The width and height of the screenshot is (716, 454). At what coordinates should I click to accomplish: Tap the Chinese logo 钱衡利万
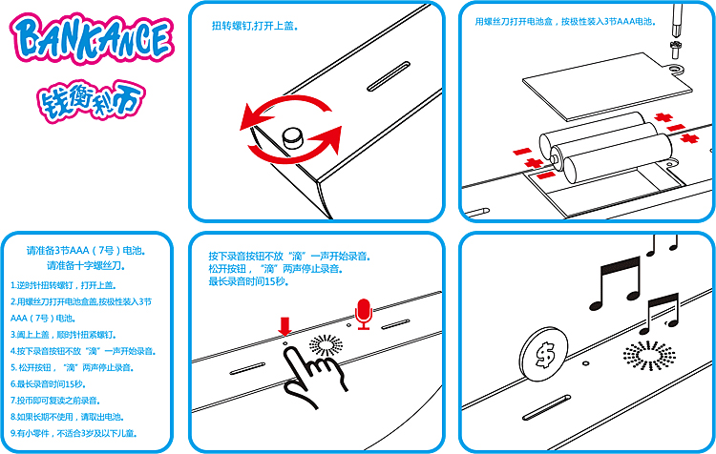91,101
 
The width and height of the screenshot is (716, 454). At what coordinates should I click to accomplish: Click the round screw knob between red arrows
293,137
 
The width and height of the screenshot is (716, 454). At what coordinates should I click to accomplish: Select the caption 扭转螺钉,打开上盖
255,26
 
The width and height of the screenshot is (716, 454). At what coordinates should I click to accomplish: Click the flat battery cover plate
607,87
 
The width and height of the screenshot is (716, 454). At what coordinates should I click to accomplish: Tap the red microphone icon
364,314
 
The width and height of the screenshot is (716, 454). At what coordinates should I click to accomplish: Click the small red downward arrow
284,326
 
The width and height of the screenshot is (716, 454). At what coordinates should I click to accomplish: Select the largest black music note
615,284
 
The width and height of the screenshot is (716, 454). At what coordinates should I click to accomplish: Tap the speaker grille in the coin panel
649,355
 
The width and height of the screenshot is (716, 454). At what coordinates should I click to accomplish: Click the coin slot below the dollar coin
547,407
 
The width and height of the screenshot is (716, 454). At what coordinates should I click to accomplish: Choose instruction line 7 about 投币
55,401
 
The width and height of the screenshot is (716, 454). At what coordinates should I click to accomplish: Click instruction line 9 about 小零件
74,433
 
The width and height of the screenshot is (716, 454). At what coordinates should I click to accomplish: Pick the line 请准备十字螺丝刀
86,265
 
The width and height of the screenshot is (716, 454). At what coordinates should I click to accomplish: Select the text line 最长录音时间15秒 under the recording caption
249,281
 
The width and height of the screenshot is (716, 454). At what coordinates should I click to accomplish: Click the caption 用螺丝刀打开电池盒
514,21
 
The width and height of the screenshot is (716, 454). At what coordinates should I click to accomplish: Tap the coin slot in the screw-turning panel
389,76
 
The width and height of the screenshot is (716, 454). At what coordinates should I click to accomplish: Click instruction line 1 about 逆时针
63,285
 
